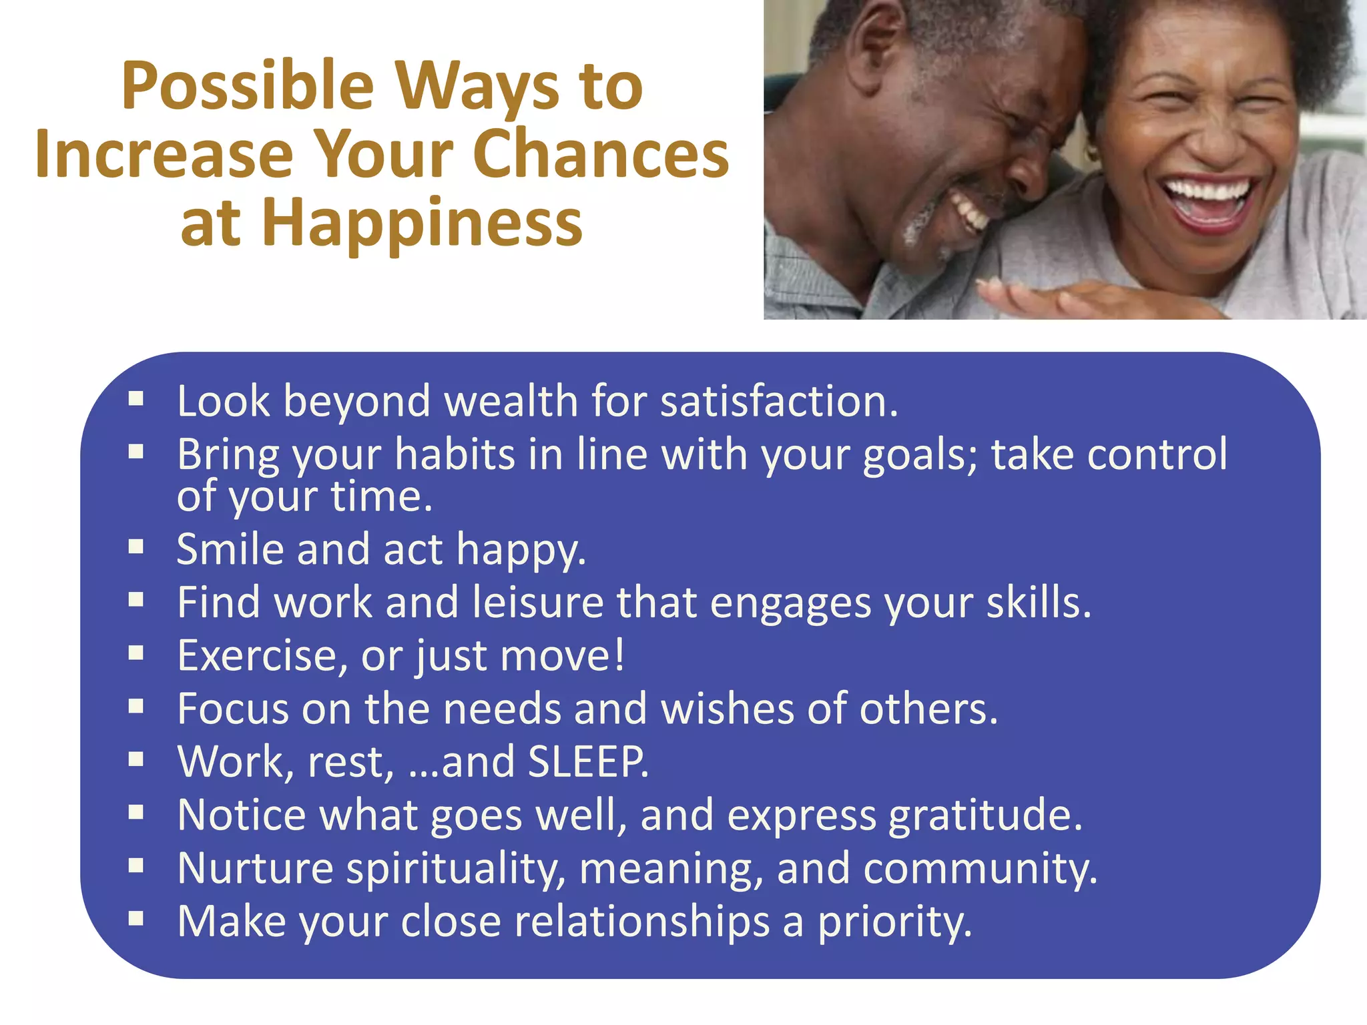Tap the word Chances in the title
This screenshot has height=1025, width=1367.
(x=601, y=155)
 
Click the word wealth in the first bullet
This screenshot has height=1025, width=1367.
(x=511, y=402)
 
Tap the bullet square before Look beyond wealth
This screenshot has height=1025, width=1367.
(x=136, y=399)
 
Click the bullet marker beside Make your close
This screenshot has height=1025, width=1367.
(x=136, y=919)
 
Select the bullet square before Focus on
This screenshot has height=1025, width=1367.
(x=136, y=706)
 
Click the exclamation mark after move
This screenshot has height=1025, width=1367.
(x=619, y=654)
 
